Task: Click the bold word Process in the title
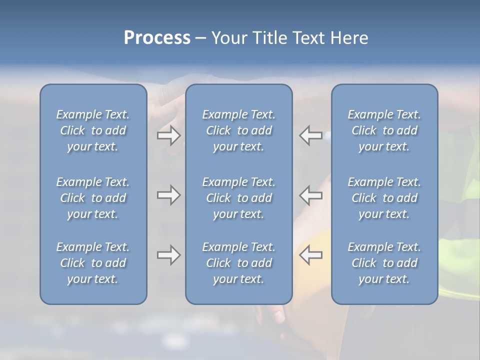(157, 38)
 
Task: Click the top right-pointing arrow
(168, 135)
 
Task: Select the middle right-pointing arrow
(168, 195)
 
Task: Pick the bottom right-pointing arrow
(168, 255)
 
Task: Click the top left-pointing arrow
(311, 135)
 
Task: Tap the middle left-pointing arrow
(311, 195)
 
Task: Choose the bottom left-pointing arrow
(311, 255)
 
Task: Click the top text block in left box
(93, 130)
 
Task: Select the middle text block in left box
(93, 198)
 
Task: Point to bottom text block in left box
(93, 263)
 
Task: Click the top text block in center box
(238, 130)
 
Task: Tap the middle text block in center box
(238, 198)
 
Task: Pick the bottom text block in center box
(238, 263)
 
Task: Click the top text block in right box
(384, 130)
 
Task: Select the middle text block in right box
(384, 198)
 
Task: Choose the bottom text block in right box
(384, 263)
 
